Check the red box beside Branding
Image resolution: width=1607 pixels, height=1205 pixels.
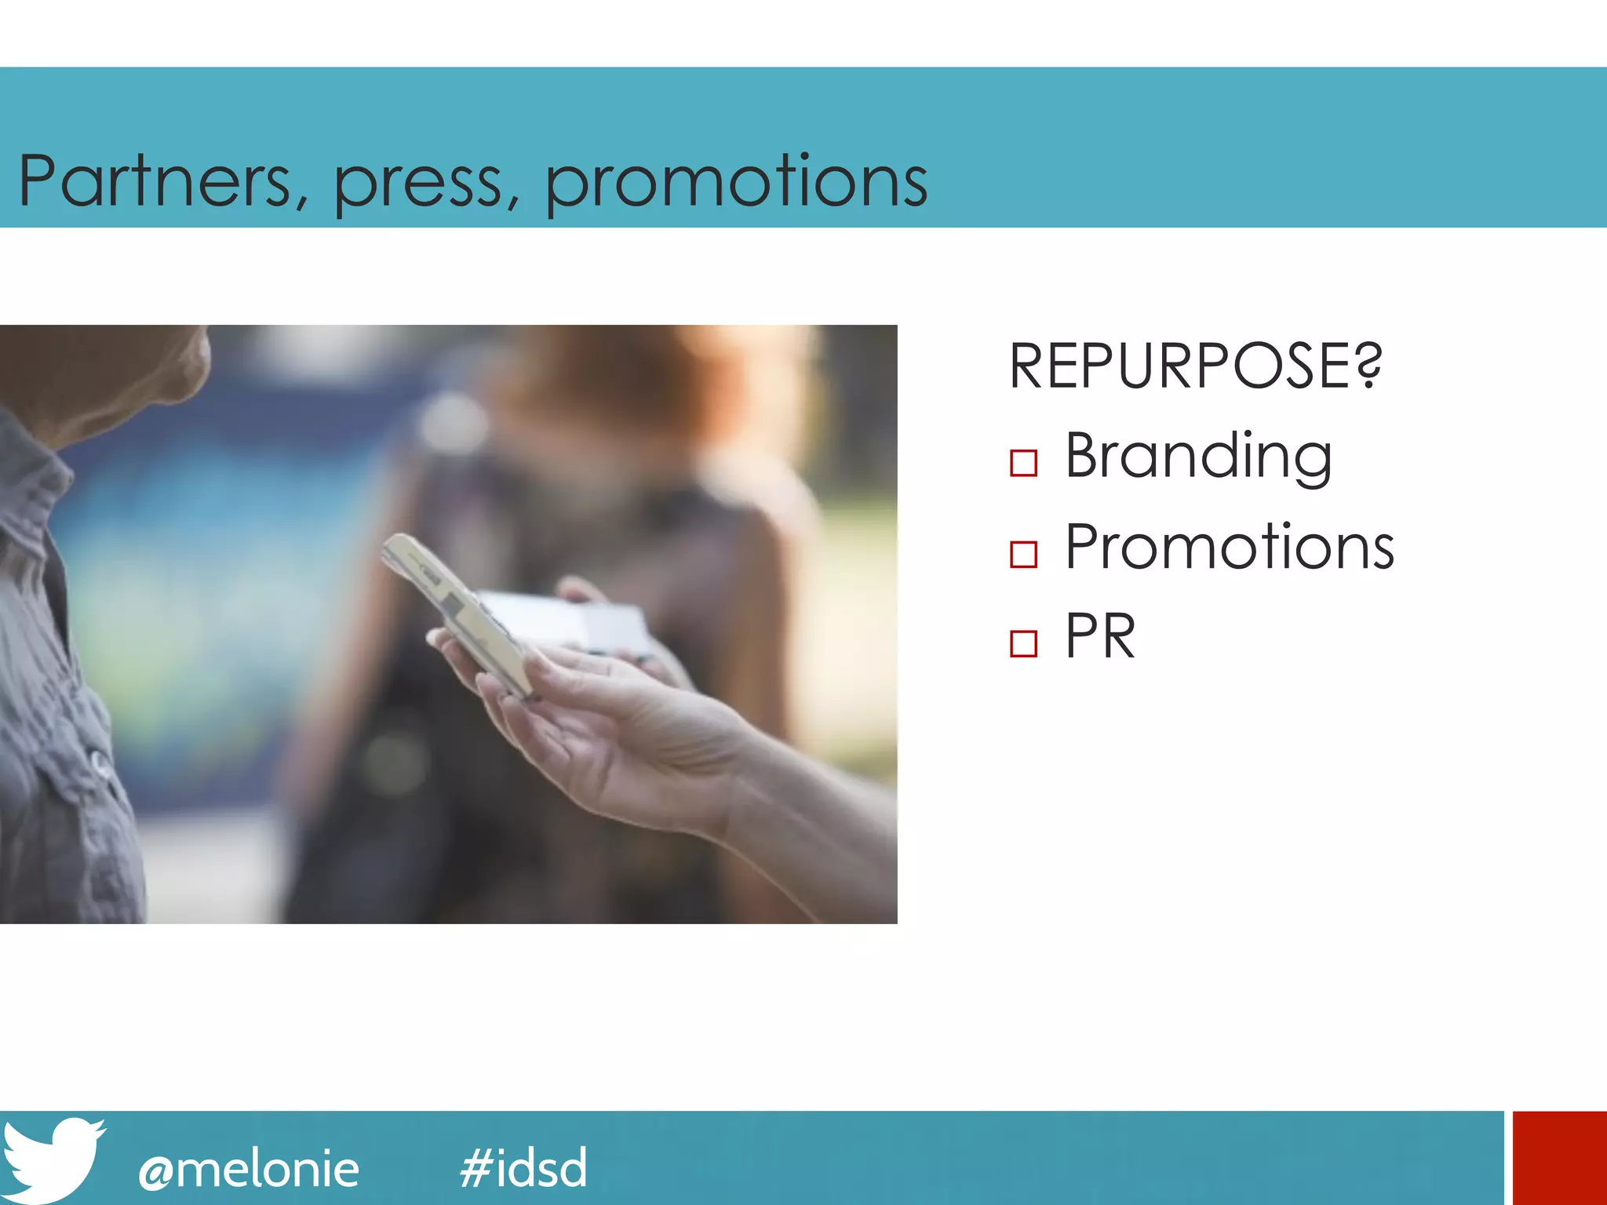tap(1023, 463)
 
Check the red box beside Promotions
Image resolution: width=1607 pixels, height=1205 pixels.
tap(1023, 554)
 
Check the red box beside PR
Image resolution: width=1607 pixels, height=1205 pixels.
tap(1023, 643)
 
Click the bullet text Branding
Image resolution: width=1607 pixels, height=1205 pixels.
tap(1198, 457)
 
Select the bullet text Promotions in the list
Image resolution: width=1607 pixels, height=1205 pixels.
tap(1229, 547)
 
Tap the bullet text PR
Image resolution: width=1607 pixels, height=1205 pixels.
tap(1099, 636)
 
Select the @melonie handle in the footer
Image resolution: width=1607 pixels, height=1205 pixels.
tap(248, 1169)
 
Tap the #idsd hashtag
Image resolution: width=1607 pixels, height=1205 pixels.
tap(523, 1167)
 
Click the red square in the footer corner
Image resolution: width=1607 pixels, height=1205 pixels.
tap(1559, 1158)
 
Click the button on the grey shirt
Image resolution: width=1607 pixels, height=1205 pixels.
tap(100, 760)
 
